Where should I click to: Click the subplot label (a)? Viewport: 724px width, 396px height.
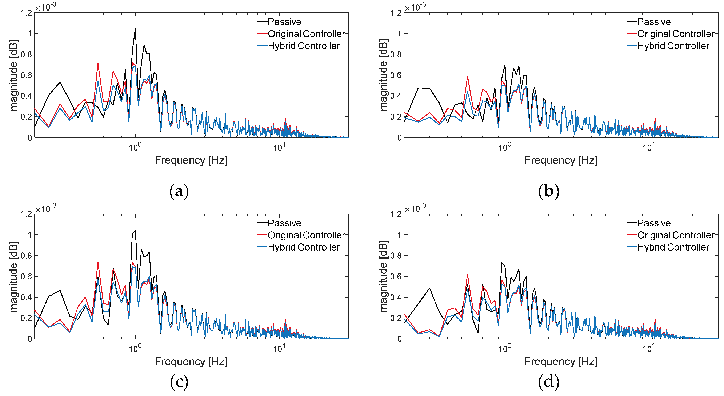point(179,191)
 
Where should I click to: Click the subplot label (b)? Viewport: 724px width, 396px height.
point(549,191)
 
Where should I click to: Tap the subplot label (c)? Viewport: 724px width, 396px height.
point(179,382)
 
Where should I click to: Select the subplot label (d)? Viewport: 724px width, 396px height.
point(549,382)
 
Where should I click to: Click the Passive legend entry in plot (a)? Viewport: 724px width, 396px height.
point(284,22)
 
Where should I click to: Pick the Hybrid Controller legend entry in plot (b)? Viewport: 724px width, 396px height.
point(673,46)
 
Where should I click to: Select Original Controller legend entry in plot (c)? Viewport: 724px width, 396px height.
point(306,235)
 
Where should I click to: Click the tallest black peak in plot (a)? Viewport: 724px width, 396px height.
point(135,29)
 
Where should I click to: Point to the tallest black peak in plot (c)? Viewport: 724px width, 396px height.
point(135,230)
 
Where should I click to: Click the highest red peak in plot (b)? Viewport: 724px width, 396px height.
point(467,77)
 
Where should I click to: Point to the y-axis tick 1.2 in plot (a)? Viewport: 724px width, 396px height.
point(26,13)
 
